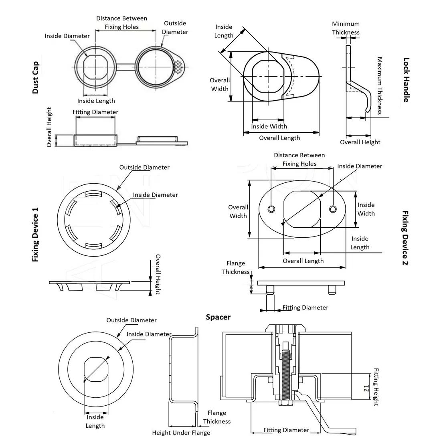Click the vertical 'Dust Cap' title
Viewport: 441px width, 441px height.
[x=35, y=77]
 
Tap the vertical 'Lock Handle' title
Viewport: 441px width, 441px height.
[x=406, y=80]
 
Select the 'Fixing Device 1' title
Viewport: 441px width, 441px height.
[x=35, y=235]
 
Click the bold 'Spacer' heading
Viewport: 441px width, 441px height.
[x=218, y=317]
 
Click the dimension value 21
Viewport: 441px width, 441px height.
[x=366, y=388]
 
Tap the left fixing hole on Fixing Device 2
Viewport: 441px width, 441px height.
[x=271, y=209]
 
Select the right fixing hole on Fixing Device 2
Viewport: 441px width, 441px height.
[x=332, y=209]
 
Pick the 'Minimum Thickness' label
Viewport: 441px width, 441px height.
[x=346, y=28]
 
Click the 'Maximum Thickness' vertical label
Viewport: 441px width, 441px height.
[x=379, y=85]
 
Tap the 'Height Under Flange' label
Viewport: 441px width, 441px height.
[x=181, y=433]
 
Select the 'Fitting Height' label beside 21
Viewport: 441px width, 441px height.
[x=376, y=387]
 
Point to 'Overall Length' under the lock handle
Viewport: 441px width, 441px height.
[x=279, y=138]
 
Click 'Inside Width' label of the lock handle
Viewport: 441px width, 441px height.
[x=269, y=126]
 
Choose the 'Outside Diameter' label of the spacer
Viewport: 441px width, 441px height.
[x=131, y=320]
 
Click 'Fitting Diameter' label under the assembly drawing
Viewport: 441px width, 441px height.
[x=286, y=430]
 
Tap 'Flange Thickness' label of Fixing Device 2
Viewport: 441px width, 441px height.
[x=236, y=267]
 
